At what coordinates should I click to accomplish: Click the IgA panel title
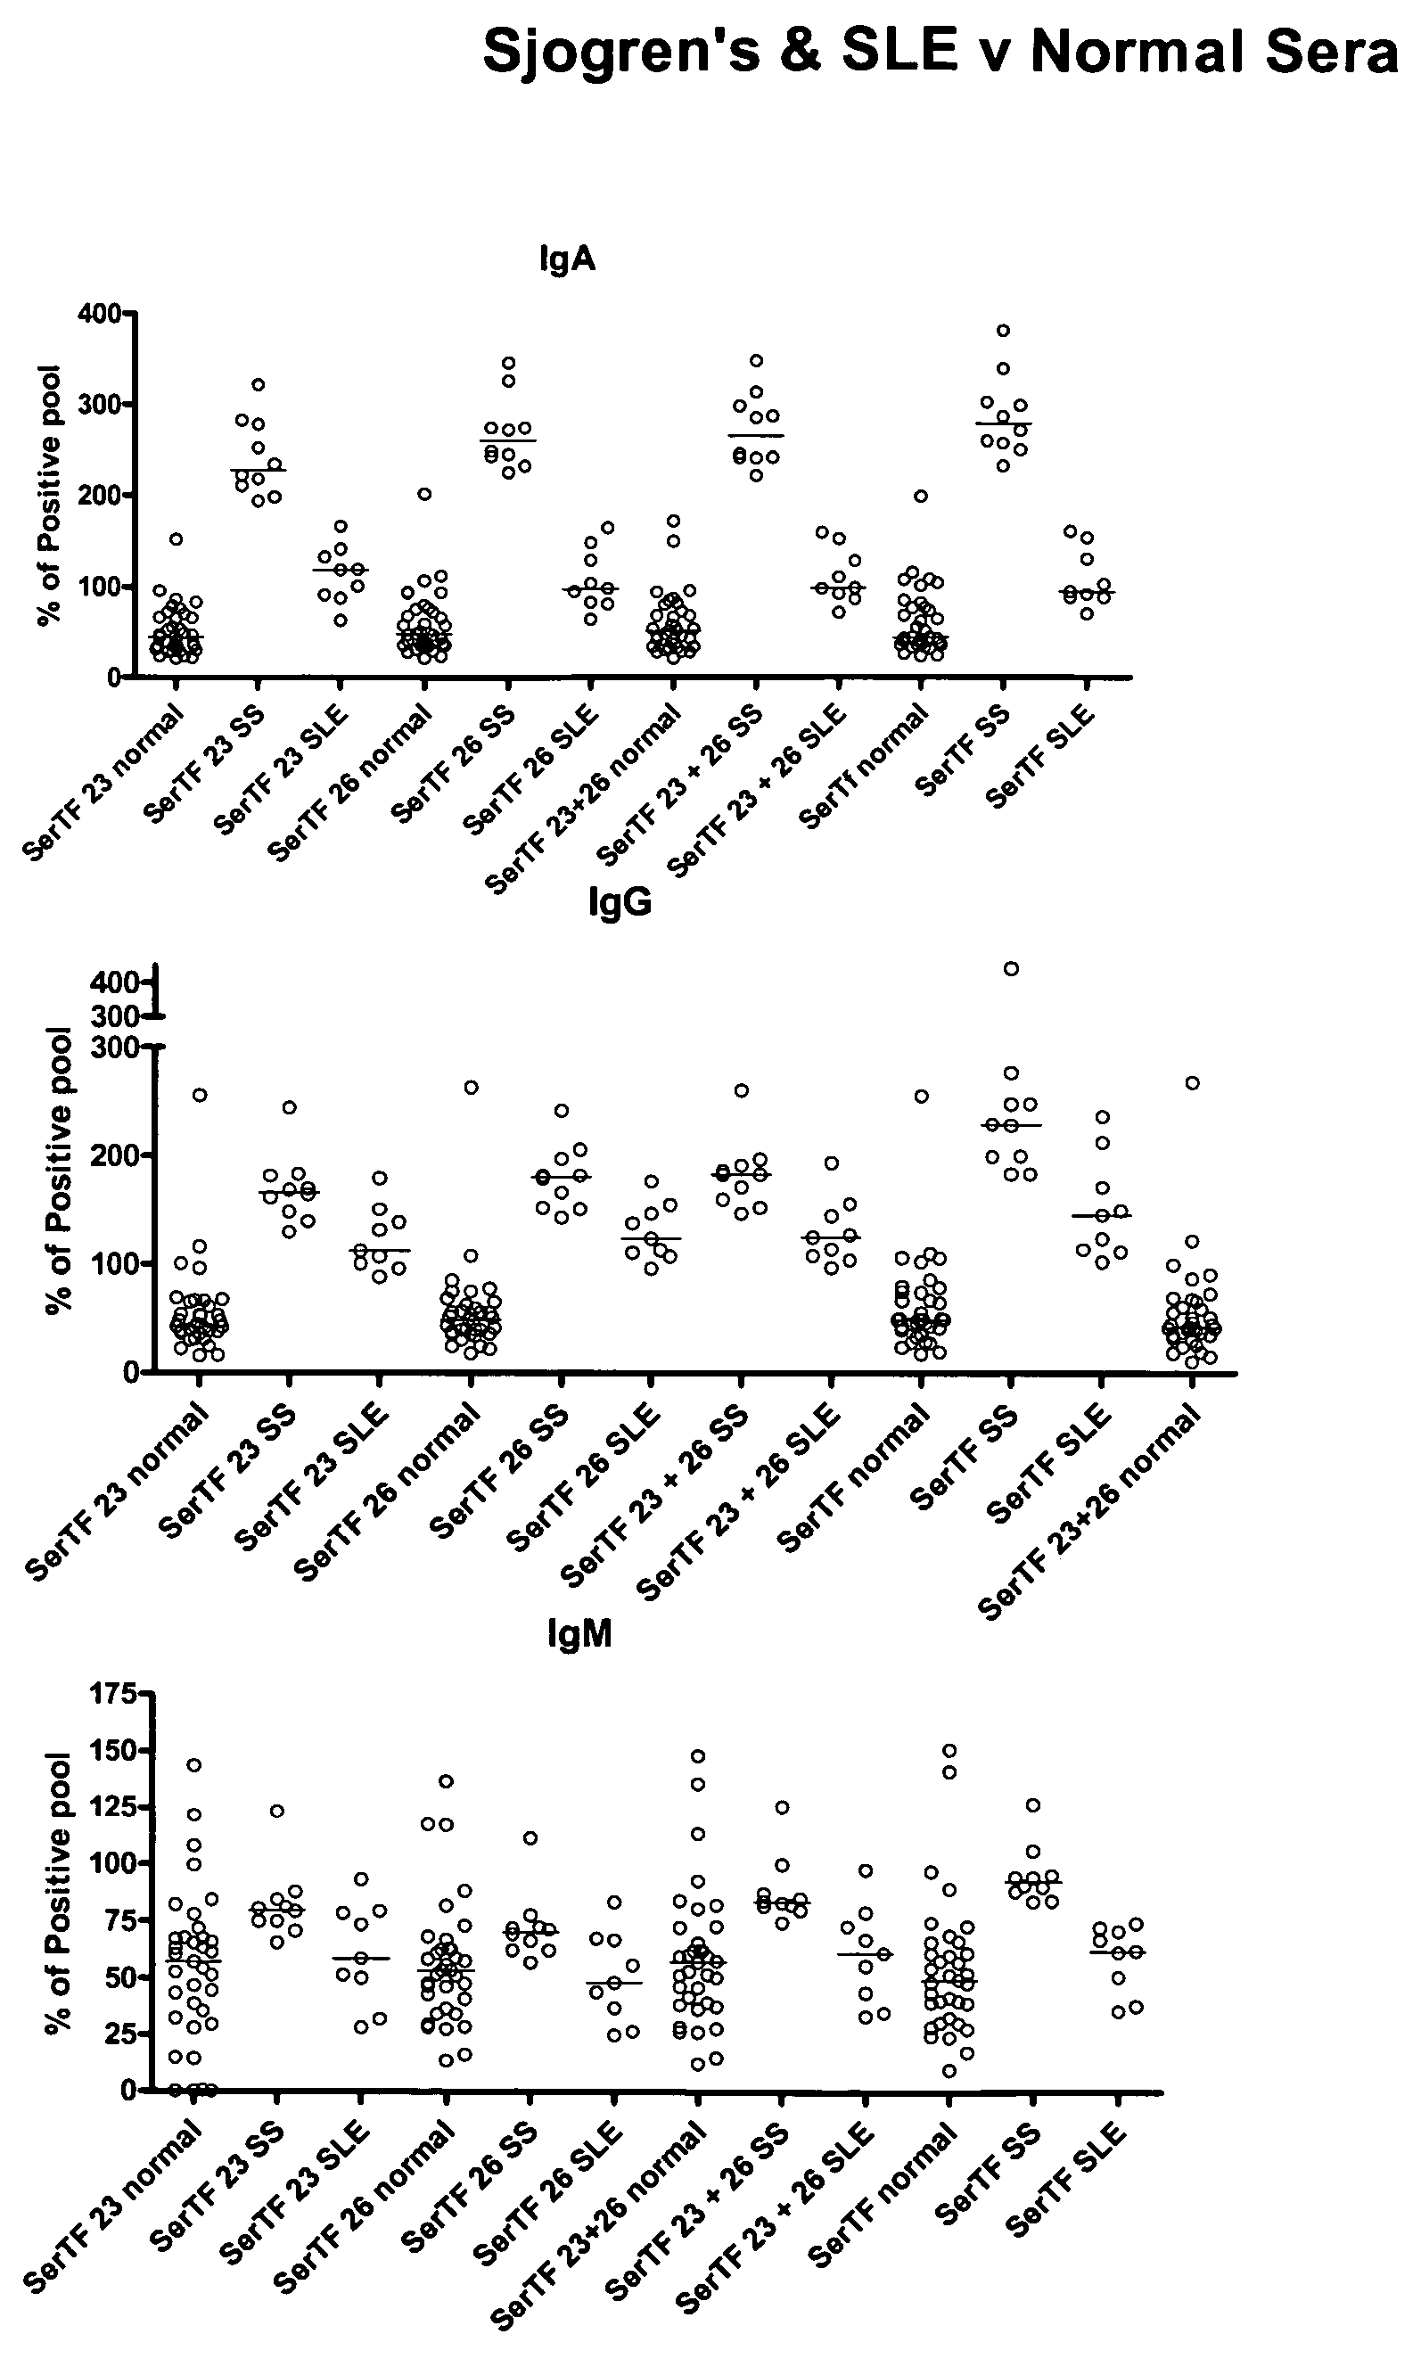click(567, 259)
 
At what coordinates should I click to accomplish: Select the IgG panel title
click(620, 902)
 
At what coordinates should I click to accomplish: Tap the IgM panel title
click(580, 1634)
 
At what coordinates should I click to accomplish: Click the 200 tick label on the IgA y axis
click(100, 495)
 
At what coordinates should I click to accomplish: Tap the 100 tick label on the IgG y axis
click(113, 1263)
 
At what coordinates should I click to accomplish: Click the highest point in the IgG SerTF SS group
click(1011, 968)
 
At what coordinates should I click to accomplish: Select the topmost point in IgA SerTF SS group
click(1004, 331)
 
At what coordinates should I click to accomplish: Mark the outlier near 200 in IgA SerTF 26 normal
click(425, 494)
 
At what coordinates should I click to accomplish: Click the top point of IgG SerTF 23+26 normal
click(1192, 1083)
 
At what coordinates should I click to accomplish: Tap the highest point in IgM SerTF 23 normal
click(193, 1764)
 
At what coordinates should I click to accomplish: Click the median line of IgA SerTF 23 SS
click(258, 470)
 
